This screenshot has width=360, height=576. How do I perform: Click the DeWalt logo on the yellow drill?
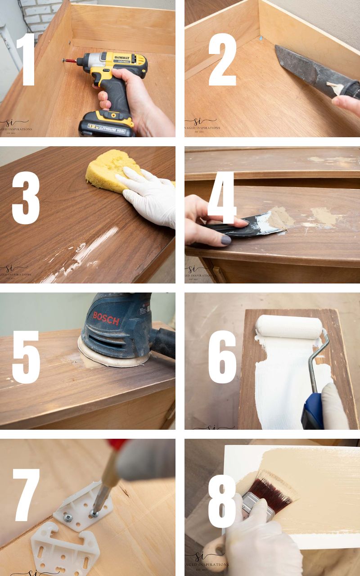[x=119, y=58]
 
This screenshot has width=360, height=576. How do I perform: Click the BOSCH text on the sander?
[x=106, y=318]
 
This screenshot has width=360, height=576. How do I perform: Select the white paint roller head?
[x=288, y=327]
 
